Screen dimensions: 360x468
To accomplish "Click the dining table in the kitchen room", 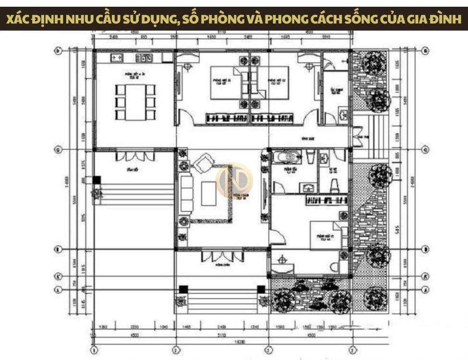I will (x=136, y=102).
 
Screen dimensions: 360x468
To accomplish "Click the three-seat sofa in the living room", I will (x=186, y=194).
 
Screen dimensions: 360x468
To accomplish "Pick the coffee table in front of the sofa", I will (x=209, y=193).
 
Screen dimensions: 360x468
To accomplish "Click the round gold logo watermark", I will (x=234, y=180).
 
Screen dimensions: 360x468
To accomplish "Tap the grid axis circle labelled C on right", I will (x=425, y=150).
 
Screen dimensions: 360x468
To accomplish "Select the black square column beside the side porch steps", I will (x=97, y=180).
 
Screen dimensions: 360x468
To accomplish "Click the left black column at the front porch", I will (x=183, y=289).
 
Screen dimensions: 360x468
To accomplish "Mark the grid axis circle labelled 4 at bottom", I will (x=352, y=349).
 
